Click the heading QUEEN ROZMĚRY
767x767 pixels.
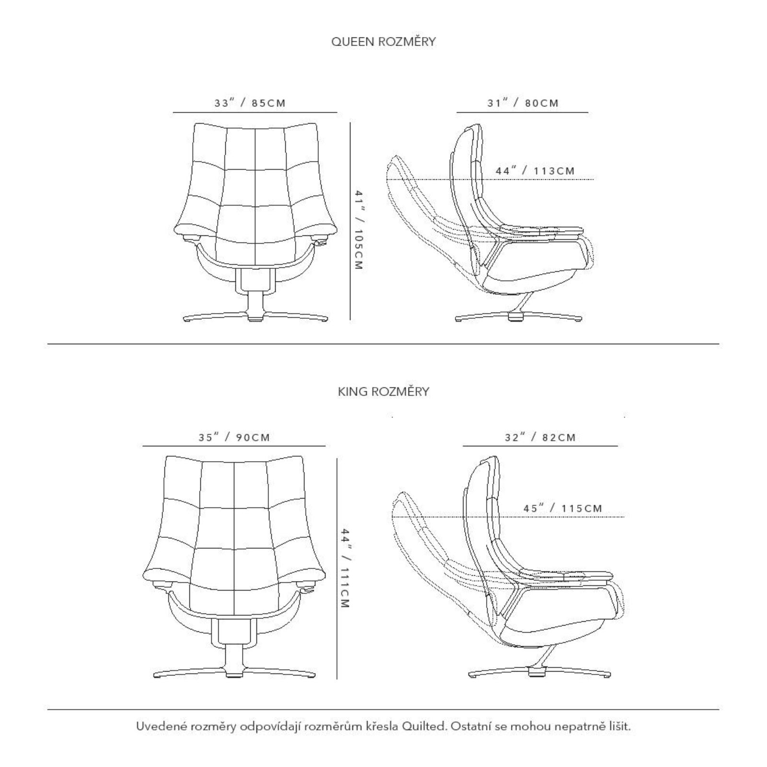pos(383,42)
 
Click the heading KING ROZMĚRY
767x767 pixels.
pos(383,392)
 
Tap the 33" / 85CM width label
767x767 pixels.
pos(250,103)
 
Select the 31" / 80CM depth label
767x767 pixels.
pos(523,103)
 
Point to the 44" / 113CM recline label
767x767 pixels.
pos(535,171)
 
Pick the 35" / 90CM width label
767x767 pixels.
pos(234,438)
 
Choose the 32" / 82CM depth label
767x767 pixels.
pos(540,438)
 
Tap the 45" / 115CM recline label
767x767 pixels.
pos(563,508)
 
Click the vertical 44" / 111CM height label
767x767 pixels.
pos(345,568)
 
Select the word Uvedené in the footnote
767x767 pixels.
pos(157,726)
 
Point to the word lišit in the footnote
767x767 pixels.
pos(620,726)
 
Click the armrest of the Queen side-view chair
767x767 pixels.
pos(541,230)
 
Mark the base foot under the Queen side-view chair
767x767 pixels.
pos(519,317)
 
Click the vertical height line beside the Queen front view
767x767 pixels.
pos(350,221)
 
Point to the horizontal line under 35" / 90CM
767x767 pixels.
pos(234,446)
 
